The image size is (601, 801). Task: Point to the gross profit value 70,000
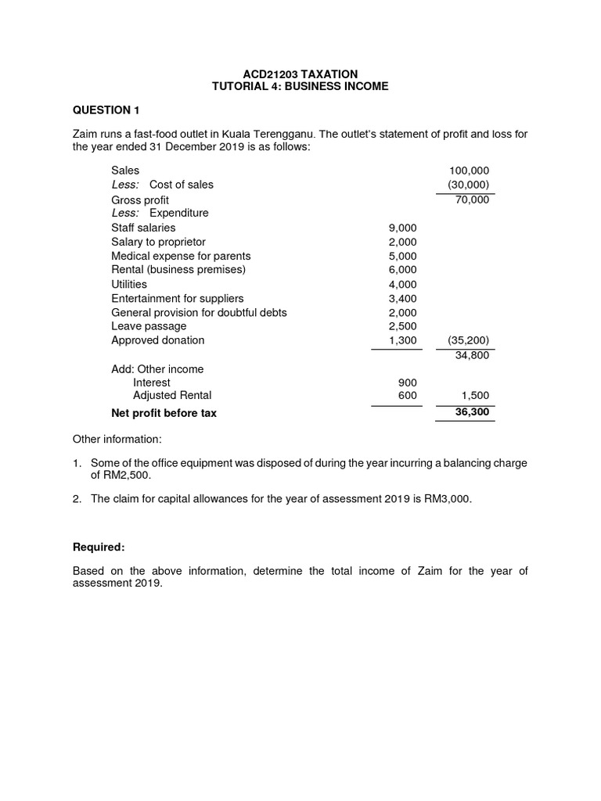point(472,199)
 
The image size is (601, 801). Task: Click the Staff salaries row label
point(143,228)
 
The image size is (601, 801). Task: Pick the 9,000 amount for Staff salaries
point(403,228)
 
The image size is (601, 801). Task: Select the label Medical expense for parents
point(181,256)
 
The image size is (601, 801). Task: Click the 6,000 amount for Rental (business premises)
point(403,270)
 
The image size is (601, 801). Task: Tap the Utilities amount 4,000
point(403,284)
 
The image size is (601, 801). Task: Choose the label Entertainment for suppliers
point(177,298)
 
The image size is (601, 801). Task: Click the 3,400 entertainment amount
point(403,298)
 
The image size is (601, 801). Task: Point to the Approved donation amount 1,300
point(403,340)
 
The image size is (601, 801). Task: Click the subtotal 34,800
point(472,356)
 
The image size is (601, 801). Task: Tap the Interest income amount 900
point(408,383)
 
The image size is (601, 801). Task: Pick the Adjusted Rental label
point(172,396)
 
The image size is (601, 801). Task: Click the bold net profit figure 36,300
point(472,412)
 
